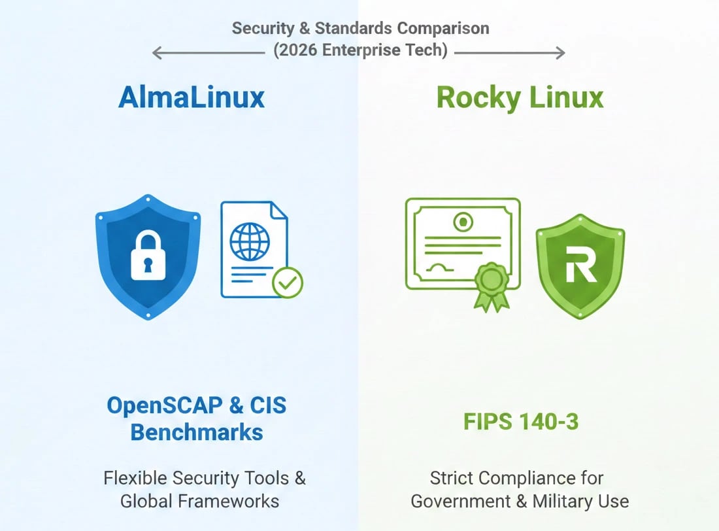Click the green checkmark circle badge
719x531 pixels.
pyautogui.click(x=288, y=283)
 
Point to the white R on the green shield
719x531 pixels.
pyautogui.click(x=580, y=265)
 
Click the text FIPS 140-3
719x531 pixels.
pyautogui.click(x=521, y=422)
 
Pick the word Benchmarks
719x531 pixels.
pyautogui.click(x=197, y=432)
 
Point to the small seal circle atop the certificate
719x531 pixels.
pyautogui.click(x=463, y=221)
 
